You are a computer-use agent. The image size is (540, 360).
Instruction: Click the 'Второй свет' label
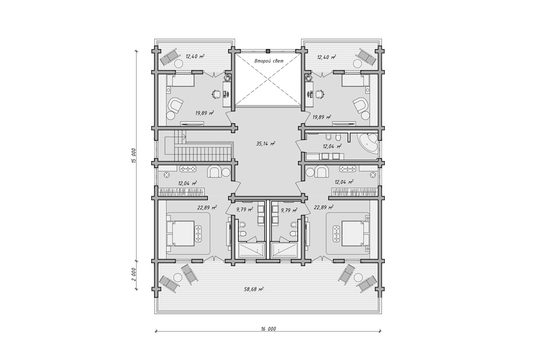point(269,61)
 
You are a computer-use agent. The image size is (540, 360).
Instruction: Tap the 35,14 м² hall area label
point(265,144)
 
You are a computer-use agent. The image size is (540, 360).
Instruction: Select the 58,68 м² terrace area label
point(254,289)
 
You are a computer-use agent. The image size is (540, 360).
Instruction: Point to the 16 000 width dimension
point(268,328)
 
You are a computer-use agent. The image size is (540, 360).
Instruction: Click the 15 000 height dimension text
point(134,156)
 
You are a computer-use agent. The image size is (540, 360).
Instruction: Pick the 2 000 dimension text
point(134,274)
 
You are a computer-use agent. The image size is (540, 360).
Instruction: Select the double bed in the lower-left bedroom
point(180,233)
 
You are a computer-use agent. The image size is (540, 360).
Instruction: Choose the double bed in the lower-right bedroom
point(356,233)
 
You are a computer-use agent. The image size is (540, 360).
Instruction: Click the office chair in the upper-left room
point(216,94)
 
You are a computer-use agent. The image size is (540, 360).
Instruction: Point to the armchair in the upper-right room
point(360,105)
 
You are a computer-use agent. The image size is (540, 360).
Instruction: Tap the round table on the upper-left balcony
point(179,63)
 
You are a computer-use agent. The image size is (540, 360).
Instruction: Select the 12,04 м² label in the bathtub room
point(332,146)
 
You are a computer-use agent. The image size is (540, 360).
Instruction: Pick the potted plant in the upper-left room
point(227,78)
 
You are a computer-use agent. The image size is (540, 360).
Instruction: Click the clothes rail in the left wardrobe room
point(181,193)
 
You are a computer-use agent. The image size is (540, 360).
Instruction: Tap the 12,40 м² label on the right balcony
point(327,57)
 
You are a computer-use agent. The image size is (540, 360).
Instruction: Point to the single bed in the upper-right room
point(355,80)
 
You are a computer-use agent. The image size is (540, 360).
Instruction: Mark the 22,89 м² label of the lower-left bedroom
point(207,207)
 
